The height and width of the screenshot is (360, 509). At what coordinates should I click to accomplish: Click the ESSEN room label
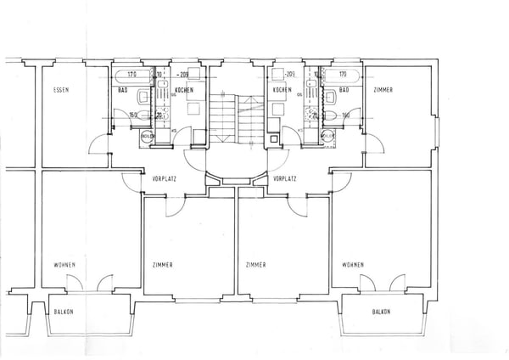pyautogui.click(x=60, y=90)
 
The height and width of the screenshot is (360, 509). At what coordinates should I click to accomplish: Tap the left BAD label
pyautogui.click(x=122, y=90)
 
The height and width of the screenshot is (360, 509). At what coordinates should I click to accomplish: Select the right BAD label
pyautogui.click(x=344, y=90)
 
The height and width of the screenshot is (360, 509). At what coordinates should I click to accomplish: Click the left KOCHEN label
pyautogui.click(x=184, y=90)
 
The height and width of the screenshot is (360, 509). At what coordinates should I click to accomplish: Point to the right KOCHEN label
pyautogui.click(x=282, y=90)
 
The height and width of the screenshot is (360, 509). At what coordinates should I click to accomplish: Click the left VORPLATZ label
pyautogui.click(x=164, y=179)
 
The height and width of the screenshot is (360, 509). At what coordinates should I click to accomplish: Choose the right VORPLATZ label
pyautogui.click(x=284, y=179)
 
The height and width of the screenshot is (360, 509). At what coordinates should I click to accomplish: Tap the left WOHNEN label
pyautogui.click(x=64, y=265)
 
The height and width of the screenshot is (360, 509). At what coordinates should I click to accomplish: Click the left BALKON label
pyautogui.click(x=64, y=312)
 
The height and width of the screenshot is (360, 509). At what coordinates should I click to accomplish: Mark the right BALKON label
pyautogui.click(x=381, y=312)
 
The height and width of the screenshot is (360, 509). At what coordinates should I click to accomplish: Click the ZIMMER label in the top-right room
pyautogui.click(x=384, y=90)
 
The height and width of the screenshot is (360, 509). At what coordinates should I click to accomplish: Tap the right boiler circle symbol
pyautogui.click(x=327, y=134)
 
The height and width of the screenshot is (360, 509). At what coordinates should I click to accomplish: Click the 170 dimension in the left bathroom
pyautogui.click(x=123, y=75)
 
